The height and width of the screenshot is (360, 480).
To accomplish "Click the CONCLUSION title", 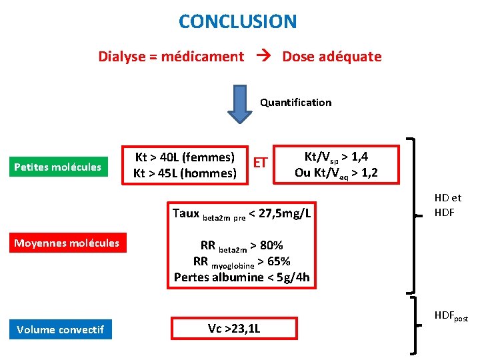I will (237, 21).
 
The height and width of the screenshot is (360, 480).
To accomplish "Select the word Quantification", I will (295, 102).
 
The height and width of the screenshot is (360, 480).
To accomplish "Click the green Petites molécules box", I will (57, 167).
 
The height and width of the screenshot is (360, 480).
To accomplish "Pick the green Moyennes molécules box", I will (67, 243).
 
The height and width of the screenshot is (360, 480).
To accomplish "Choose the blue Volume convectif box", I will (60, 329).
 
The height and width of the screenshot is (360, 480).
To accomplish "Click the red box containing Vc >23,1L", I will (233, 329).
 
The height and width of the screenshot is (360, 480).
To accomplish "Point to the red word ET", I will (261, 163).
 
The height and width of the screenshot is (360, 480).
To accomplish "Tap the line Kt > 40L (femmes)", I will (185, 157).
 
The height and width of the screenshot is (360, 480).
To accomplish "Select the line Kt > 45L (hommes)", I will (185, 173).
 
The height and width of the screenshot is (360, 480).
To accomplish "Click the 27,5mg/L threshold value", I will (284, 213).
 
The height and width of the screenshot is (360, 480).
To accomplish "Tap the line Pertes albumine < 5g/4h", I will (241, 277).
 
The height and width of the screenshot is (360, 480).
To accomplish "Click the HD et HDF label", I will (447, 205).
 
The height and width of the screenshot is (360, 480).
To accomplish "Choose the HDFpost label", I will (451, 315).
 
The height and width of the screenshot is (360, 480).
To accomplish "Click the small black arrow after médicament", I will (263, 57).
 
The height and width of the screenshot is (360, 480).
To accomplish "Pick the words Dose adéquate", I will (331, 57).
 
